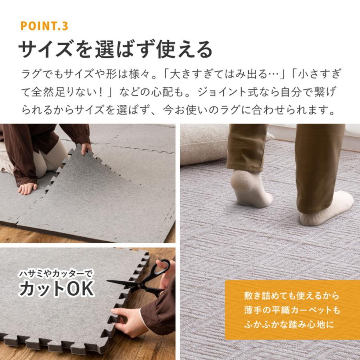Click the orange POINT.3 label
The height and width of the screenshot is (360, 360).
(44, 26)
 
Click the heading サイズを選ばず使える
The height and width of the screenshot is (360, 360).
(115, 50)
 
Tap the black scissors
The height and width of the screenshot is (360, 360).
(144, 280)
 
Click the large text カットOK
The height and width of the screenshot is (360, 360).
(56, 289)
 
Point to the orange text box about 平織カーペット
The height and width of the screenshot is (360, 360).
(292, 310)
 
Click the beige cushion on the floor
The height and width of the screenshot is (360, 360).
(204, 144)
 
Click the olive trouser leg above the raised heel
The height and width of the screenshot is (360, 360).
(246, 148)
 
